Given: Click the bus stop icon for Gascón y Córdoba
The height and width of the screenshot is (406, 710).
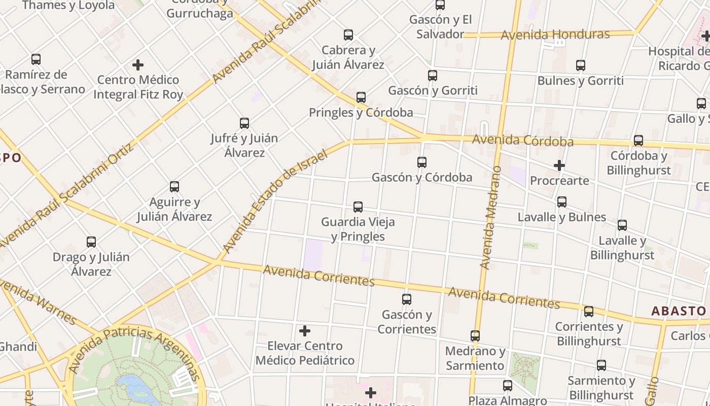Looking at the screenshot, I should (x=421, y=162).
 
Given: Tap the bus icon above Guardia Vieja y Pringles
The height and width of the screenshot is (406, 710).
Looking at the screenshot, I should (x=358, y=207).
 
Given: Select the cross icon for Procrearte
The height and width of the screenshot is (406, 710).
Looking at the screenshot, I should (x=559, y=165).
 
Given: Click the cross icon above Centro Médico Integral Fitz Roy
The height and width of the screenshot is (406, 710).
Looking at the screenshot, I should (x=137, y=65).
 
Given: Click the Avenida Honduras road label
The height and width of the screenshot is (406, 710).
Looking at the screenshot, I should (x=555, y=35).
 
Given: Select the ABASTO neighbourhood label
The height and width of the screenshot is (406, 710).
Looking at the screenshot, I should (x=679, y=311).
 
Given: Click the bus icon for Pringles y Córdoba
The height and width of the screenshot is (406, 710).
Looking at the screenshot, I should (x=361, y=97).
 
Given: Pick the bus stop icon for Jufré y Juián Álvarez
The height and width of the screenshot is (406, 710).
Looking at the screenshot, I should (x=244, y=123).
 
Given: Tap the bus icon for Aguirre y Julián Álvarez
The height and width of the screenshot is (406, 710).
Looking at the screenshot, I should (x=174, y=187).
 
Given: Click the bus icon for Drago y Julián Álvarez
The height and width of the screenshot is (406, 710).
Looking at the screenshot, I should (x=91, y=242).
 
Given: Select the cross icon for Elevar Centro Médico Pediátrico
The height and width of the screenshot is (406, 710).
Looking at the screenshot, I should (x=305, y=331).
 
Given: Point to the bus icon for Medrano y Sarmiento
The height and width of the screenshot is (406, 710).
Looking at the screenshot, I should (x=475, y=336).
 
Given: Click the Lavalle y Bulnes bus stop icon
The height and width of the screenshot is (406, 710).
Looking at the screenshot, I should (x=562, y=202).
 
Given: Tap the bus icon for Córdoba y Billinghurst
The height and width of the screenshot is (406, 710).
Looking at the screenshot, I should (x=638, y=141).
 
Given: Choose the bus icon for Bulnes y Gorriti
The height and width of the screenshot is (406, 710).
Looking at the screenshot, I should (x=581, y=65).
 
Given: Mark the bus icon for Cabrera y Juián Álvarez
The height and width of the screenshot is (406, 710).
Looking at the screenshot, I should (x=348, y=35).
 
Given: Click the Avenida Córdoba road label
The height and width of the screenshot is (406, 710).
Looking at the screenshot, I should (x=522, y=140).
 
